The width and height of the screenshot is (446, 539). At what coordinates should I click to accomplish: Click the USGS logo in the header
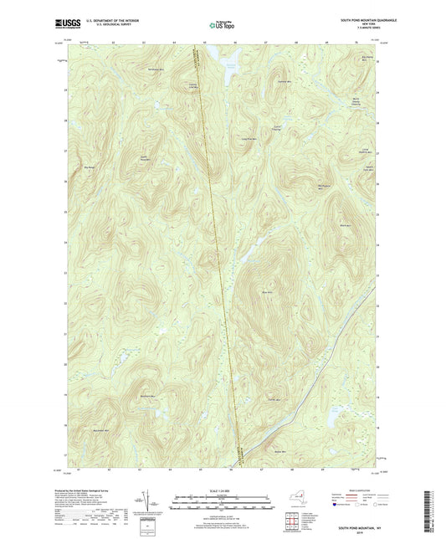[x=64, y=23]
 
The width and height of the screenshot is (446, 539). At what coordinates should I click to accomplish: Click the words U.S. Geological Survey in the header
[x=105, y=24]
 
